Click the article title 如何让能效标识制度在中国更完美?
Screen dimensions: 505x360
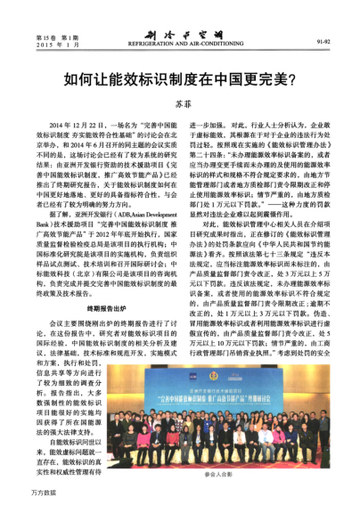[179, 78]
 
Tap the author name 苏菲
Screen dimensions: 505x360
[182, 104]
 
